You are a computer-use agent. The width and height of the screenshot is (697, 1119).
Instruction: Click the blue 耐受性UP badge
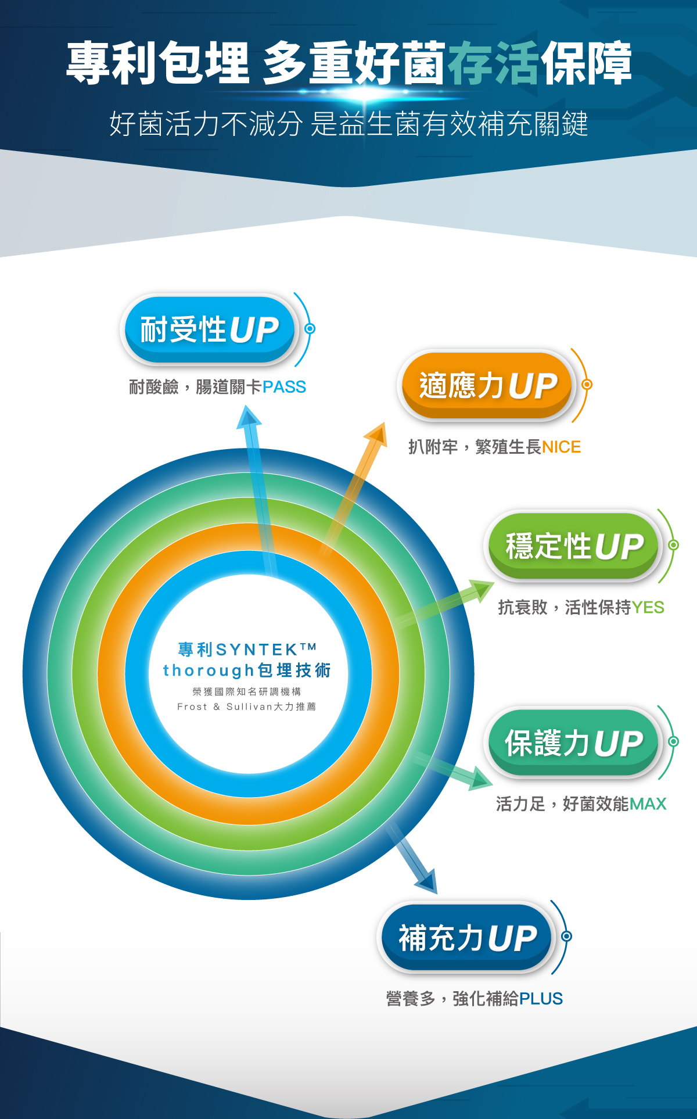209,329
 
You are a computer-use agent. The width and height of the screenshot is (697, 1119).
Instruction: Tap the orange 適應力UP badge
487,385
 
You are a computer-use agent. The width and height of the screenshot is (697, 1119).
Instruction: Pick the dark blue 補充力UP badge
467,938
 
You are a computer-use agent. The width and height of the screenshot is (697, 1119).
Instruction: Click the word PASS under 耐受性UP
284,387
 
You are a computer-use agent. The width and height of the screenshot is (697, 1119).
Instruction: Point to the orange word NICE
561,447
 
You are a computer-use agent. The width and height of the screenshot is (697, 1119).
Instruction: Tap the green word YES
648,608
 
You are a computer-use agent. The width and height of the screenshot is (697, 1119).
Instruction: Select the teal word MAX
648,804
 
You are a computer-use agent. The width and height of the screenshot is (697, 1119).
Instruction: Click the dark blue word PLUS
541,999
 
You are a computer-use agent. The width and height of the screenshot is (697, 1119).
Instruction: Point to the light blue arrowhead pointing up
249,417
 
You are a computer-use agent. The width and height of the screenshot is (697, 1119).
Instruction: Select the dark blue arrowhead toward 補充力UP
426,881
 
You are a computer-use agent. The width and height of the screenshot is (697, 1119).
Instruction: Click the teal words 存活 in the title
494,63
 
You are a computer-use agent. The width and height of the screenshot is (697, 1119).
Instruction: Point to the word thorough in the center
209,671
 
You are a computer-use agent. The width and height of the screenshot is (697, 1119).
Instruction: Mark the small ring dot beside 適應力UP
587,385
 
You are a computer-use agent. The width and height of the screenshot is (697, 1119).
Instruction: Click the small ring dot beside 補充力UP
567,937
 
